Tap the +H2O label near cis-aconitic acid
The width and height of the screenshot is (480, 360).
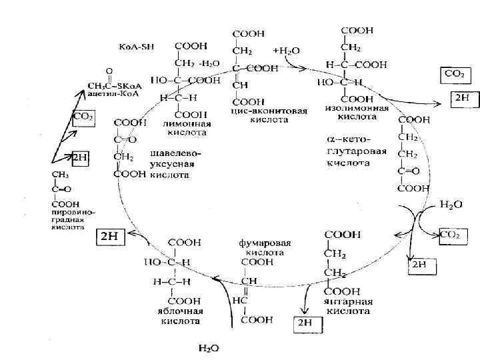287,51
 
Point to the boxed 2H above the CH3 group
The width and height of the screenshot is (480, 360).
80,157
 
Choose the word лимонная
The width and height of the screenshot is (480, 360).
187,124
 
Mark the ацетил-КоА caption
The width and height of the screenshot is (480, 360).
106,94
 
